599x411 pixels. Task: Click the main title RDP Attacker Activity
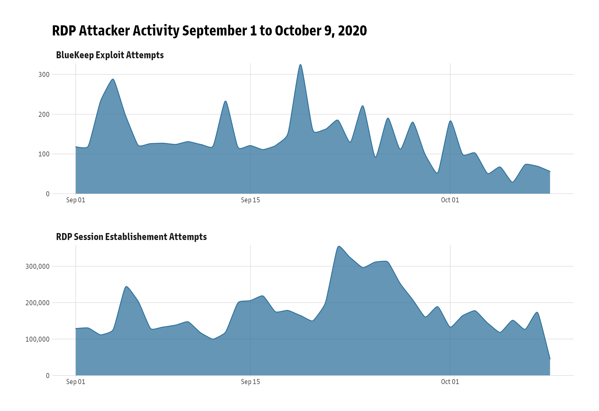pos(209,31)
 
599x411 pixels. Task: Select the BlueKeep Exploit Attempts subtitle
pos(110,55)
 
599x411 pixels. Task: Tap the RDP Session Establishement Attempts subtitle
pos(131,237)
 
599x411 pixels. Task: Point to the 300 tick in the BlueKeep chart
pos(44,75)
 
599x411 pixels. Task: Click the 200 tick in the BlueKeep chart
pos(44,114)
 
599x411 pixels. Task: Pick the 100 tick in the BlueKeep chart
pos(44,154)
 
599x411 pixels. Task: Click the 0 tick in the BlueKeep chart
pos(48,194)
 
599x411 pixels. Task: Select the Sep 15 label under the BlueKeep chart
pos(250,200)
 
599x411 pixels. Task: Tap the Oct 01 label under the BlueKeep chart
pos(450,200)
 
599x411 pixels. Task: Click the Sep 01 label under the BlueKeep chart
pos(76,200)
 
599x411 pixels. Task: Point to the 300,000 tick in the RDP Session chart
pos(37,267)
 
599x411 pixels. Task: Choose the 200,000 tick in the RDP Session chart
pos(37,303)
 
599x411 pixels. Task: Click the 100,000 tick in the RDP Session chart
pos(37,339)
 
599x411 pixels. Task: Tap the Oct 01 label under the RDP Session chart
pos(450,382)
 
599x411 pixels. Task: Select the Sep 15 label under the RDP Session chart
pos(250,382)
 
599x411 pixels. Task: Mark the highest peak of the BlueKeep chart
pos(300,65)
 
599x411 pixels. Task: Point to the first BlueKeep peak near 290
pos(113,79)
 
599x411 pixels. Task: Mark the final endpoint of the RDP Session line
pos(550,359)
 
